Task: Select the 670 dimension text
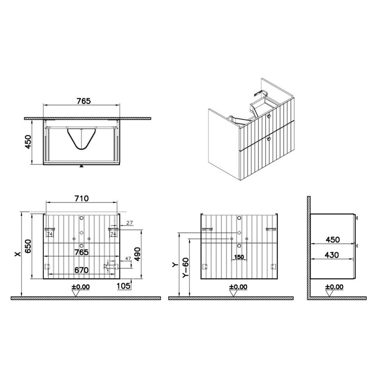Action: pyautogui.click(x=81, y=270)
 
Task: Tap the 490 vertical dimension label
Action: pyautogui.click(x=137, y=254)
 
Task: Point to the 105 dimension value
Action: pyautogui.click(x=124, y=286)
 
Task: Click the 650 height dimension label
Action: pyautogui.click(x=28, y=246)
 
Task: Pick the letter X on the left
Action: pyautogui.click(x=18, y=253)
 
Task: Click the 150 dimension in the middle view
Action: pyautogui.click(x=239, y=257)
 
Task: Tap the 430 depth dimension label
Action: pyautogui.click(x=332, y=255)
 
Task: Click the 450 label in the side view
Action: pyautogui.click(x=333, y=240)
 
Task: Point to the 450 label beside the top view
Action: pyautogui.click(x=28, y=142)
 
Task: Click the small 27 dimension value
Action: pyautogui.click(x=130, y=223)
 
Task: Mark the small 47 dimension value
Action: pyautogui.click(x=128, y=258)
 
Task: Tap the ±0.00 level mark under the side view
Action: pyautogui.click(x=334, y=287)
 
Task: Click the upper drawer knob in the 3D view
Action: pyautogui.click(x=269, y=116)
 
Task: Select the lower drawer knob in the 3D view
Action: pyautogui.click(x=269, y=138)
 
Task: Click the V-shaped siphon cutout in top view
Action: pyautogui.click(x=81, y=139)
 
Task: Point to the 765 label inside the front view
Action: pyautogui.click(x=81, y=253)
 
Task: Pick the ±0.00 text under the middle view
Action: pyautogui.click(x=238, y=287)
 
